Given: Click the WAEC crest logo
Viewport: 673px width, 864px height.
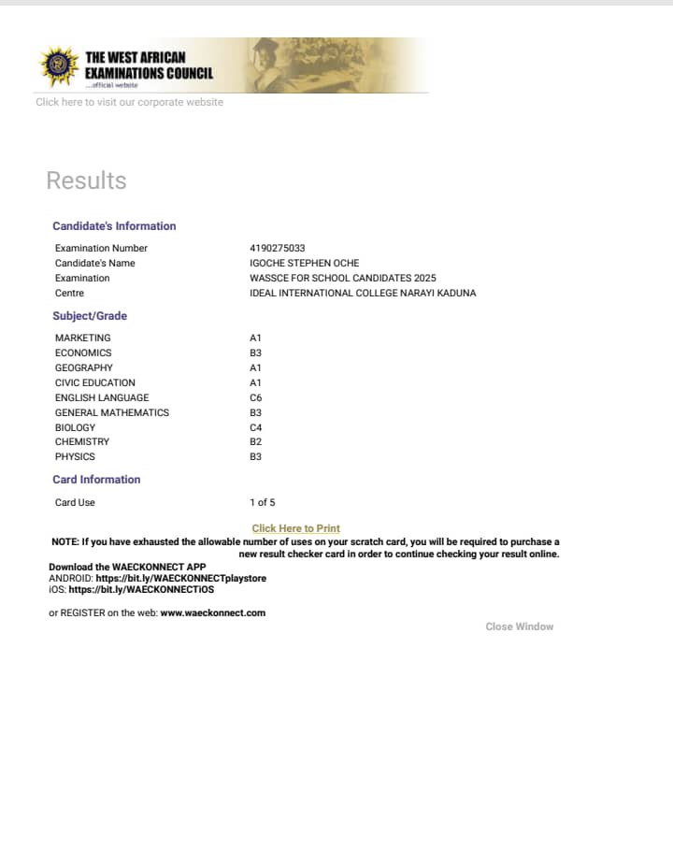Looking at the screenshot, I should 58,65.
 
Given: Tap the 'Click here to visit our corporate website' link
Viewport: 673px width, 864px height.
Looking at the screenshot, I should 129,102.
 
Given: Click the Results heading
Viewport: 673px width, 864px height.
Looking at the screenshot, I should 86,180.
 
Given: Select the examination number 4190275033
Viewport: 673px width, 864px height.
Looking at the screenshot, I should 277,248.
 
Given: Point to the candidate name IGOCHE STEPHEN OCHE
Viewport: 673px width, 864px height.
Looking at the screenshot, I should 304,263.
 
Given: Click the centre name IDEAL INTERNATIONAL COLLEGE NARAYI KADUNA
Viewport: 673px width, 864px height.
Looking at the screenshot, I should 363,293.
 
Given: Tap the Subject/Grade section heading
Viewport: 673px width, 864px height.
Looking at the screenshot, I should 90,316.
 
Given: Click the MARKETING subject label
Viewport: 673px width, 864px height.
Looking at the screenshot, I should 82,338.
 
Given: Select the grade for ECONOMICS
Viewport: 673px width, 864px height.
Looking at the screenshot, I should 255,353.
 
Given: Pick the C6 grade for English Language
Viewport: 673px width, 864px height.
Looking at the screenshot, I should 255,397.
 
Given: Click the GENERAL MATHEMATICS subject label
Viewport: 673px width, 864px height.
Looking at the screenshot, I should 112,412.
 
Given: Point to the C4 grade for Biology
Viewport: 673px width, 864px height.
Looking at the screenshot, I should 255,427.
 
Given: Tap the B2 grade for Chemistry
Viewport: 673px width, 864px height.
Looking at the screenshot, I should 255,441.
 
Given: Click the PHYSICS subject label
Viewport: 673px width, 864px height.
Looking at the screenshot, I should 75,456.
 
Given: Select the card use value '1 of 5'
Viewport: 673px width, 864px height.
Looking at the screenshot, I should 262,502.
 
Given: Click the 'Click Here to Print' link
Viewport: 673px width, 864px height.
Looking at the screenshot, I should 295,528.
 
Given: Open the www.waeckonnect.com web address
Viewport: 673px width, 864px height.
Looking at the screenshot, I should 212,612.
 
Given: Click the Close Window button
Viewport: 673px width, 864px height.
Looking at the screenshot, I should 519,626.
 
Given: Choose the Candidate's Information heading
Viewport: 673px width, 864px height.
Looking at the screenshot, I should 114,226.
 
